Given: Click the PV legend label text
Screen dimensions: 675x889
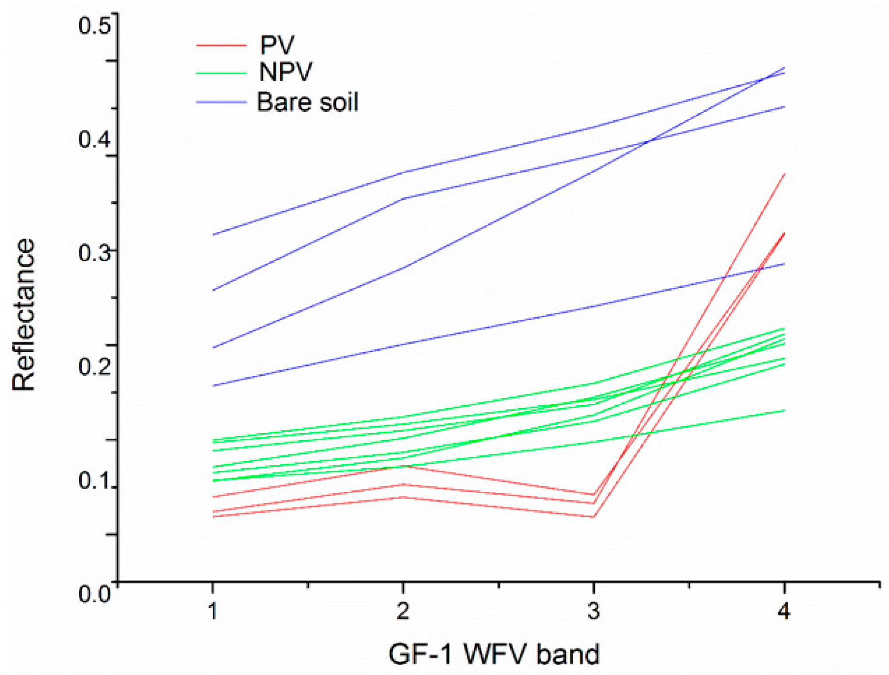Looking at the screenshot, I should (x=277, y=45).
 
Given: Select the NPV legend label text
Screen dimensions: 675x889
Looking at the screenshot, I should (x=286, y=72).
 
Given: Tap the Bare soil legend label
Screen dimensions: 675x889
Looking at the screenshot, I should (x=307, y=102).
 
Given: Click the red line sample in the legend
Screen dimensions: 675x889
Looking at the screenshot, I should (x=221, y=45).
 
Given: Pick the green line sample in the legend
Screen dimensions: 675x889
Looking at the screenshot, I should (x=221, y=73).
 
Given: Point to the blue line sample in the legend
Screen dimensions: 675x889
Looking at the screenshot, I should (x=221, y=102).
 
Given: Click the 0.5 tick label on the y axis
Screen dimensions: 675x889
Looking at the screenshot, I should (x=94, y=25).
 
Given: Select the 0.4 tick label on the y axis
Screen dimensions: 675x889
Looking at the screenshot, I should (x=94, y=139).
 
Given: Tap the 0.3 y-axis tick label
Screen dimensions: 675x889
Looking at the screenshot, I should (x=94, y=253).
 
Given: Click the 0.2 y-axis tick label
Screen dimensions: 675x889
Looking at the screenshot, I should (x=94, y=366).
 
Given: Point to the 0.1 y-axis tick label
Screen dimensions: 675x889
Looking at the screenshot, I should (x=94, y=480).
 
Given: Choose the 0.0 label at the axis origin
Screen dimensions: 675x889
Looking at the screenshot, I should (x=94, y=594).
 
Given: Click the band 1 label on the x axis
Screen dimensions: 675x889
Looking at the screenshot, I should (x=213, y=611).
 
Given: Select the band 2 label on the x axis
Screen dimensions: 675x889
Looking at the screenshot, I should (x=403, y=611).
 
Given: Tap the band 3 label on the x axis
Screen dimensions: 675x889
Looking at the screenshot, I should (x=593, y=611).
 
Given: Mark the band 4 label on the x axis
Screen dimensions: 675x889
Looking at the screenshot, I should (x=784, y=611).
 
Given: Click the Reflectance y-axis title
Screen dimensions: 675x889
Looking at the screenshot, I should (x=24, y=314).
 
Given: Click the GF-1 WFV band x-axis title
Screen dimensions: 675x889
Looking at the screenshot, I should (x=494, y=654).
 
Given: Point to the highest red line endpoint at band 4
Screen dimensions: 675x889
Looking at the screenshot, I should (x=784, y=175).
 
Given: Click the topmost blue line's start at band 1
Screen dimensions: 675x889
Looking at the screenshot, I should (x=214, y=235).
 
